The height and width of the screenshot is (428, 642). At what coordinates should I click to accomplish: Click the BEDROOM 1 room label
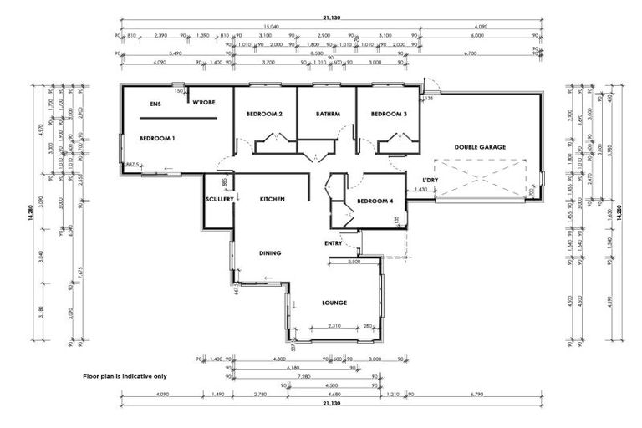point(156,138)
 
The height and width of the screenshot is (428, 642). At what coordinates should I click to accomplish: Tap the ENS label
point(155,104)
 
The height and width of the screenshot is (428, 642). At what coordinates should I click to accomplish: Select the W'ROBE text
point(204,104)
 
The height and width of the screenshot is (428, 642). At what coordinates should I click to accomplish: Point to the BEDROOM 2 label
point(264,114)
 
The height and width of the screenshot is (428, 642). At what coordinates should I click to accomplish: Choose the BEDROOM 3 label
point(389,114)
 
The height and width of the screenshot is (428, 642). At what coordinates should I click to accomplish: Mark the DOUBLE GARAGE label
point(480,147)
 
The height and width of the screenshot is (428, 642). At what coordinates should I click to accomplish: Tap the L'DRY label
point(431,180)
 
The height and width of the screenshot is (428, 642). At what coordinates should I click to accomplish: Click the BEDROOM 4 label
point(374,201)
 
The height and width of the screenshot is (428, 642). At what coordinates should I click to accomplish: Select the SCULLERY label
point(218,200)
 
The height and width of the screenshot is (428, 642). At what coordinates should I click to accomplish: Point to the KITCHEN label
point(273,200)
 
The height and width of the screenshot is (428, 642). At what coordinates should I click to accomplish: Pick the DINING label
point(269,253)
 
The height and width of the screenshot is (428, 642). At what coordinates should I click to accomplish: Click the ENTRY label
point(334,243)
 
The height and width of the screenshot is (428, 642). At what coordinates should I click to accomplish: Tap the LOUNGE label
point(334,303)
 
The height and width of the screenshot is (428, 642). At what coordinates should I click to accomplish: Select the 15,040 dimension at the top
point(268,25)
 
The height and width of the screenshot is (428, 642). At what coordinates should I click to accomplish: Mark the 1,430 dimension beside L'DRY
point(421,191)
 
